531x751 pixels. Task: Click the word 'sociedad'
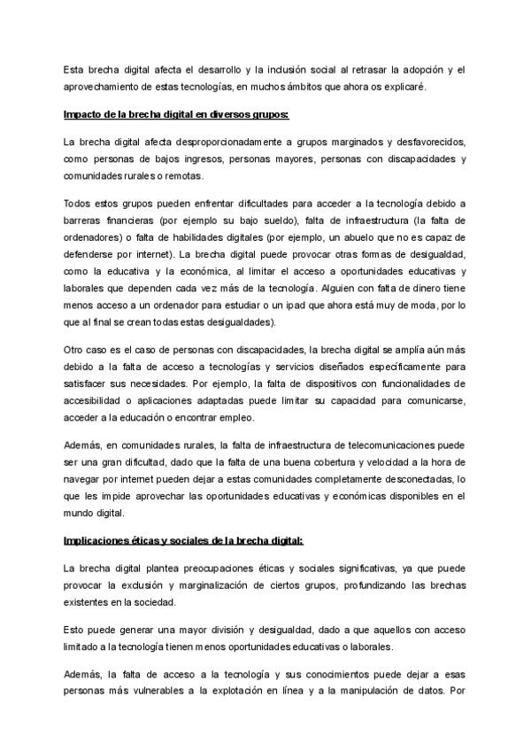pos(154,600)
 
